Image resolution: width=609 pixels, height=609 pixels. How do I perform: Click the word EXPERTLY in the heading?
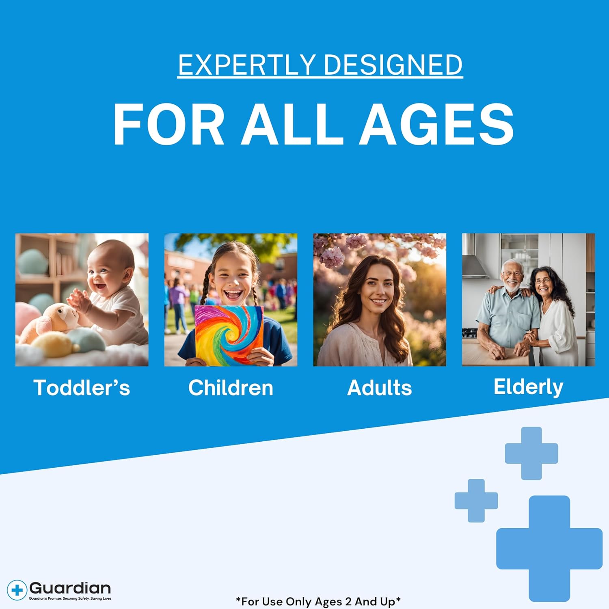pos(247,65)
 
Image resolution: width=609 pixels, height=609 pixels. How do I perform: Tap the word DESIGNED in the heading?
pos(393,65)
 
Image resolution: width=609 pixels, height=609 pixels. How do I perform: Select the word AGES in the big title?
pos(437,124)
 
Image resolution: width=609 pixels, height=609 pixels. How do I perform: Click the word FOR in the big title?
pos(168,124)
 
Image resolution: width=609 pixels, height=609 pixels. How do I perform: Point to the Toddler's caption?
pos(82,387)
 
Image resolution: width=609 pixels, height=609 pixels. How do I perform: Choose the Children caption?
pos(231,387)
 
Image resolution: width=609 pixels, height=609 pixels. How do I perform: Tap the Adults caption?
pos(380,387)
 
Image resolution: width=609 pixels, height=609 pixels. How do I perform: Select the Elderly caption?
pos(528,387)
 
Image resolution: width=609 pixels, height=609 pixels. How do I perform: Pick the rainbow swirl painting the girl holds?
pos(229,335)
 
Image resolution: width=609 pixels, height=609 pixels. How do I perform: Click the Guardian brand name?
pos(70,588)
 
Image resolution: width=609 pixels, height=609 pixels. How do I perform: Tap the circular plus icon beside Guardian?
pos(17,590)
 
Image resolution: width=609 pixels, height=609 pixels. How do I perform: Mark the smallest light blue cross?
pos(476,501)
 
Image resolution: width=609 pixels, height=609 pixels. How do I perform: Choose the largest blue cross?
pos(549,549)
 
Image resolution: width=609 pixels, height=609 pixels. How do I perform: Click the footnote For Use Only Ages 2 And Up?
pos(318,601)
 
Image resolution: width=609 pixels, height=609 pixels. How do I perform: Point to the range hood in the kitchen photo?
pos(475,260)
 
